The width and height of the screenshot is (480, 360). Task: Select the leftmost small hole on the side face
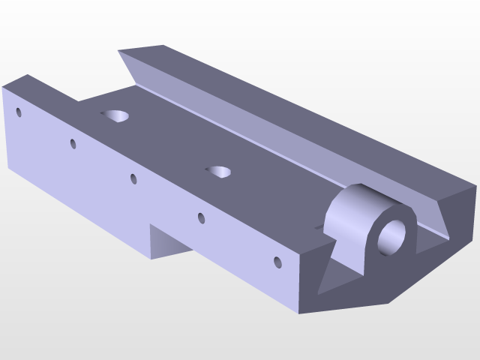(19, 112)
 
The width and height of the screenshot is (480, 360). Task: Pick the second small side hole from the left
(73, 143)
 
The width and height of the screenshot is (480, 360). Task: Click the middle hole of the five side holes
(133, 178)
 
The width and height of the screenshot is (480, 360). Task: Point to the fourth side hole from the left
(201, 218)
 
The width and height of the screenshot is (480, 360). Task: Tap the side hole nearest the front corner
(277, 262)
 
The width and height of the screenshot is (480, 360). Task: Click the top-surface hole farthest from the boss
(116, 115)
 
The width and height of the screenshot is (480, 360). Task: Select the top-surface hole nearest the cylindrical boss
(219, 172)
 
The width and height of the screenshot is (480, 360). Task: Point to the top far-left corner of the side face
(3, 86)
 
